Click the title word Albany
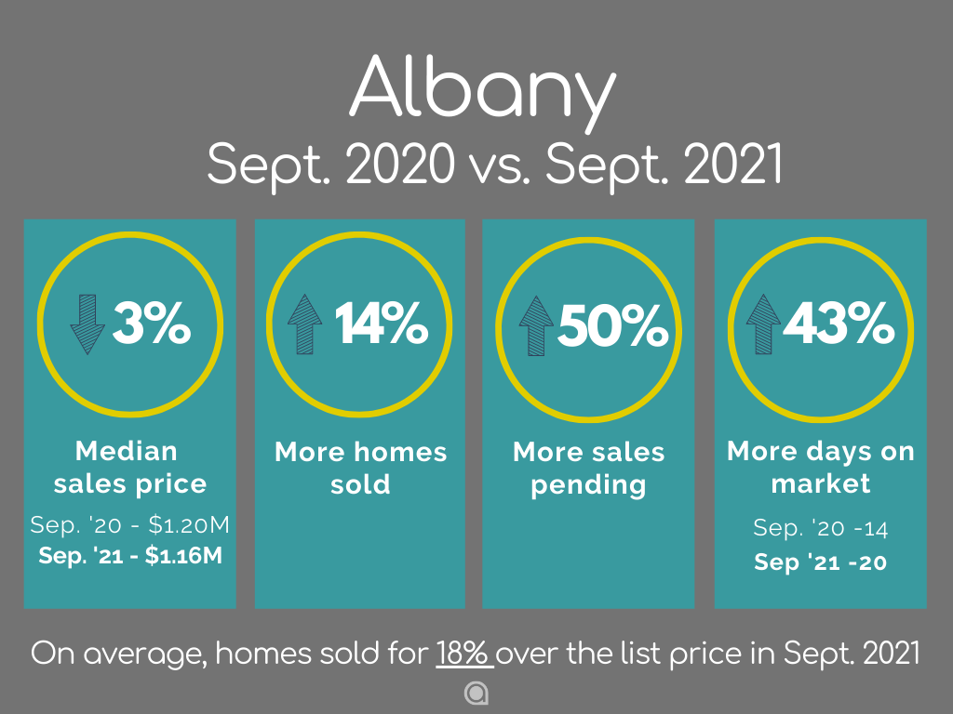483,91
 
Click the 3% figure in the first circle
152,323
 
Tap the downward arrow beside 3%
87,324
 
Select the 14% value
382,323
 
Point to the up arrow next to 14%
304,324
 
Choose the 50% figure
613,325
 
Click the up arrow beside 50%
536,325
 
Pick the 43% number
839,323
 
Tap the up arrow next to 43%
763,324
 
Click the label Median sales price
129,468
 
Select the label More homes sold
360,469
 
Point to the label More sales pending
588,469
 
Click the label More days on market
821,468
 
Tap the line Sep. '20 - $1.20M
130,524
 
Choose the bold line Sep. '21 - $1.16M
130,555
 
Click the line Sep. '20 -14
821,528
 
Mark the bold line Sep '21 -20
821,562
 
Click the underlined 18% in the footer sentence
464,654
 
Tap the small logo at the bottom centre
476,694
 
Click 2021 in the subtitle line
733,163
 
